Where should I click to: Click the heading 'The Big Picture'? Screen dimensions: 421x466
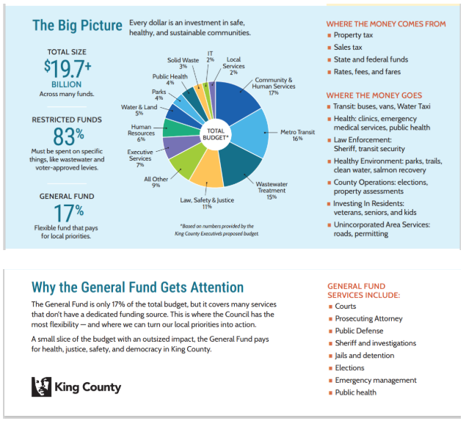point(77,26)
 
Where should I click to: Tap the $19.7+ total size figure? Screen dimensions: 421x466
point(67,67)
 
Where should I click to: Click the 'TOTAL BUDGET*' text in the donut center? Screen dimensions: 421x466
point(216,134)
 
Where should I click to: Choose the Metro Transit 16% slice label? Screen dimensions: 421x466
point(297,135)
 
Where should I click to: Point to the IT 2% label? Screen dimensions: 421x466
point(211,56)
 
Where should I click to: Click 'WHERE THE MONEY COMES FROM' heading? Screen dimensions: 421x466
point(386,24)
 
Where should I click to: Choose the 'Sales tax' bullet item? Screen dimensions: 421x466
point(348,48)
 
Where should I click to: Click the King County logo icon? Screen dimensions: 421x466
point(41,387)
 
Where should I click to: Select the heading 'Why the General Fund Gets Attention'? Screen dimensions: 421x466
point(137,288)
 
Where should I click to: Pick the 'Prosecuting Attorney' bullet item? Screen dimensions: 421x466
point(368,318)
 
